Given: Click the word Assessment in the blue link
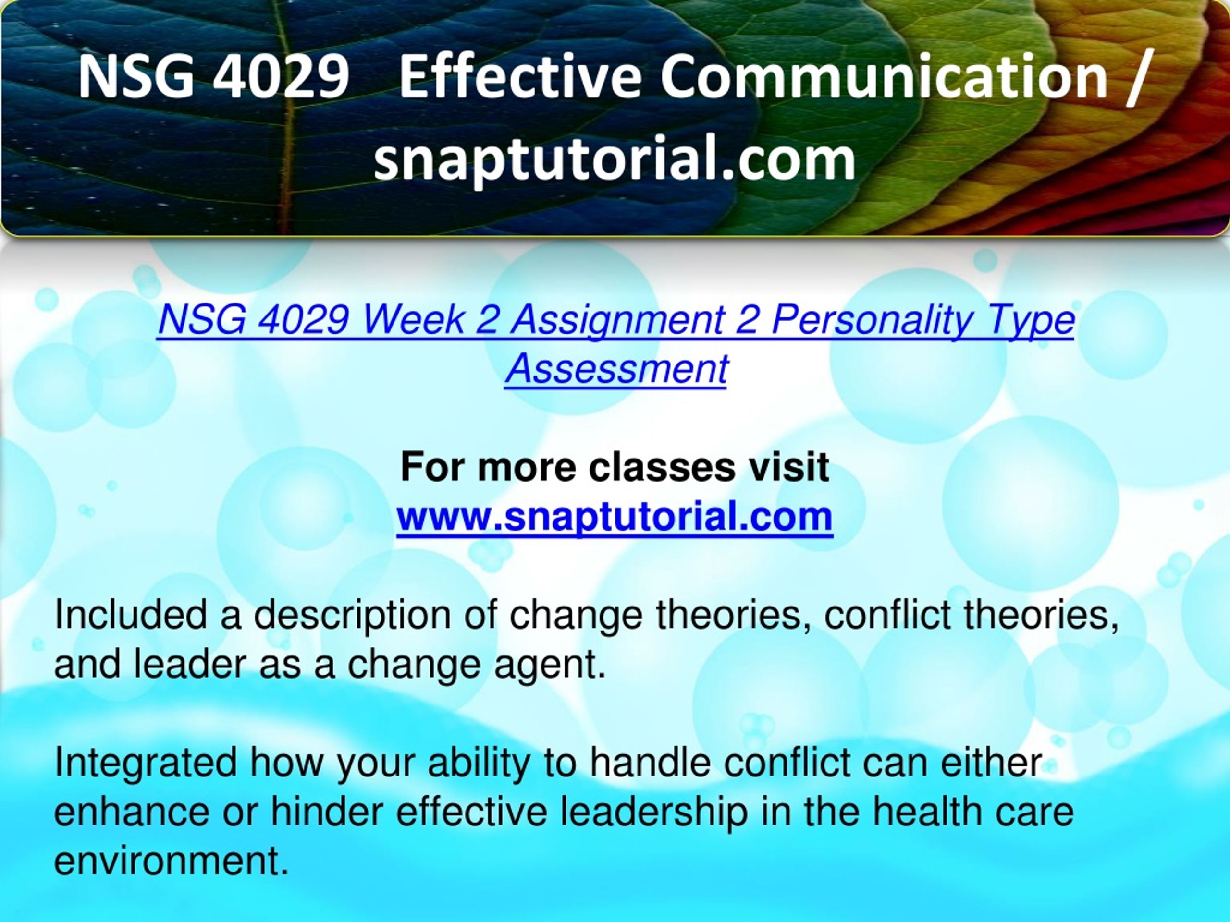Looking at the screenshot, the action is coord(615,368).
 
